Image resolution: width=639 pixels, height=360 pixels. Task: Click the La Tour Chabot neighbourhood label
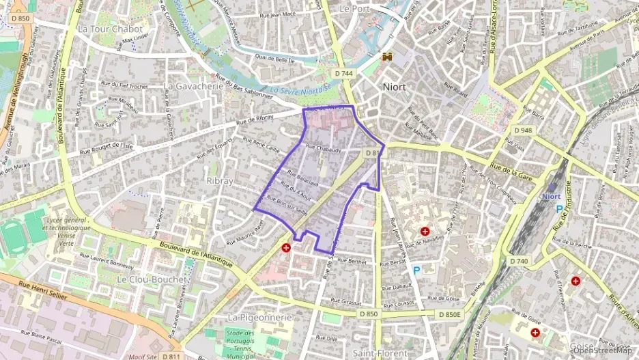tap(110, 29)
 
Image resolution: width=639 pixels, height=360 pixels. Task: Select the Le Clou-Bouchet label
tap(151, 279)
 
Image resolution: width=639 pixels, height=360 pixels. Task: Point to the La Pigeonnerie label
tap(259, 318)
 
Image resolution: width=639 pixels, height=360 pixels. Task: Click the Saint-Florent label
tap(380, 352)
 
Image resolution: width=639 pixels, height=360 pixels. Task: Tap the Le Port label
tap(354, 9)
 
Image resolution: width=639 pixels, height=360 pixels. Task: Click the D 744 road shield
tap(344, 73)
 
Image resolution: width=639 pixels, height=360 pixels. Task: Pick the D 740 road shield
tap(519, 261)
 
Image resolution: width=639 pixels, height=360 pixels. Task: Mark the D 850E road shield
tap(450, 314)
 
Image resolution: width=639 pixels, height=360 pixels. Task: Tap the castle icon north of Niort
tap(387, 56)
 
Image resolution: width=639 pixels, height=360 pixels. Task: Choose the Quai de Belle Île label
tap(276, 59)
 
